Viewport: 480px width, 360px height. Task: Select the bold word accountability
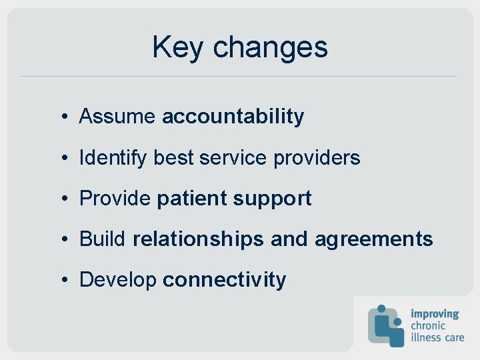pyautogui.click(x=233, y=117)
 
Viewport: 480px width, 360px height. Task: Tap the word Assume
pyautogui.click(x=117, y=117)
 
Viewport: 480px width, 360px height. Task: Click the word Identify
pyautogui.click(x=113, y=158)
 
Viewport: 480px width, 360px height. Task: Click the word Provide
pyautogui.click(x=115, y=199)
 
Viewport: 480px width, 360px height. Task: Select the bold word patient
pyautogui.click(x=191, y=199)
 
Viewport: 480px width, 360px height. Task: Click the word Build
pyautogui.click(x=103, y=239)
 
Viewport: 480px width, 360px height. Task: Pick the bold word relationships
pyautogui.click(x=198, y=239)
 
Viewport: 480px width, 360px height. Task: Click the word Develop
pyautogui.click(x=117, y=280)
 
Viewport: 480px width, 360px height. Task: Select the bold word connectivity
pyautogui.click(x=224, y=280)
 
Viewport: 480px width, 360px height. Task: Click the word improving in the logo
pyautogui.click(x=435, y=313)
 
